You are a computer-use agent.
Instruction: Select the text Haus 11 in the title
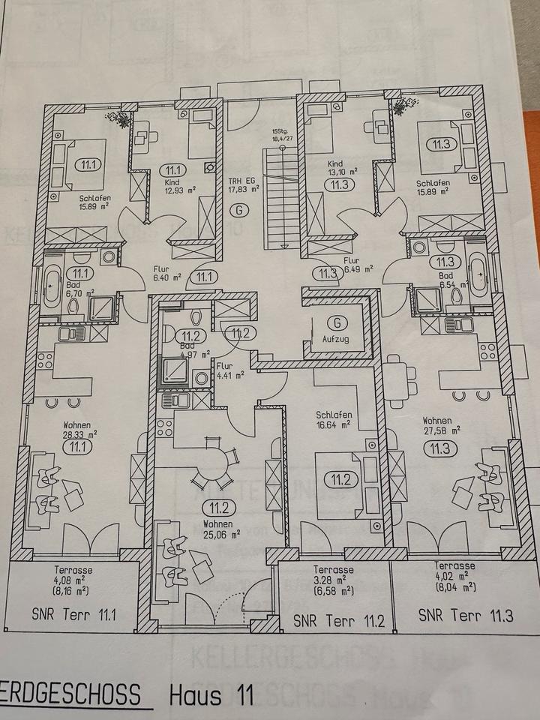tap(206, 695)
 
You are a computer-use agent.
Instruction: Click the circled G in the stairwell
tap(239, 210)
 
